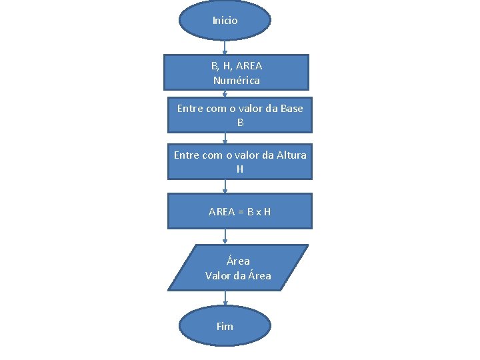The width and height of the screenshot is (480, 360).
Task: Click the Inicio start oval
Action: (x=225, y=20)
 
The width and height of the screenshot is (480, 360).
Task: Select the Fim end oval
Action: (x=225, y=327)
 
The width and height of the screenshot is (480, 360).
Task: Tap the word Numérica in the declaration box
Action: (x=237, y=81)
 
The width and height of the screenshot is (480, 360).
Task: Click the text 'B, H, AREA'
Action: (x=237, y=66)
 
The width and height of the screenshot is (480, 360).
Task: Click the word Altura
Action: (x=291, y=155)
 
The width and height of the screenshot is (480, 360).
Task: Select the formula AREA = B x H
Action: (x=239, y=212)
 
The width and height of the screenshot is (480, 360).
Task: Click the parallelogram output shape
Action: (x=238, y=268)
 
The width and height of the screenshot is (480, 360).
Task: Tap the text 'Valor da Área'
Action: (x=238, y=275)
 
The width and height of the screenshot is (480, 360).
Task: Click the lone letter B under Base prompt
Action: (x=240, y=123)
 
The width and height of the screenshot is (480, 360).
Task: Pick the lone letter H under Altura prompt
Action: (x=240, y=169)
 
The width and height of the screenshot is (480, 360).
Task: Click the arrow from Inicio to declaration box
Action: (x=225, y=47)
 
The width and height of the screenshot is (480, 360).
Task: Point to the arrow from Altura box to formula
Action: (x=225, y=187)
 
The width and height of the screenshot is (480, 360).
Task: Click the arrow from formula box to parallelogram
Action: (x=225, y=237)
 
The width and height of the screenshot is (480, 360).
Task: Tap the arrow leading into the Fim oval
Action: (x=225, y=299)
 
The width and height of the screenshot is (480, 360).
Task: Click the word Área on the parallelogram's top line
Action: (x=238, y=261)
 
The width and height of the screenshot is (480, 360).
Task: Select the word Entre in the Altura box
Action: (x=187, y=155)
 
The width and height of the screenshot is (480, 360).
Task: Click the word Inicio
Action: (x=225, y=21)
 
